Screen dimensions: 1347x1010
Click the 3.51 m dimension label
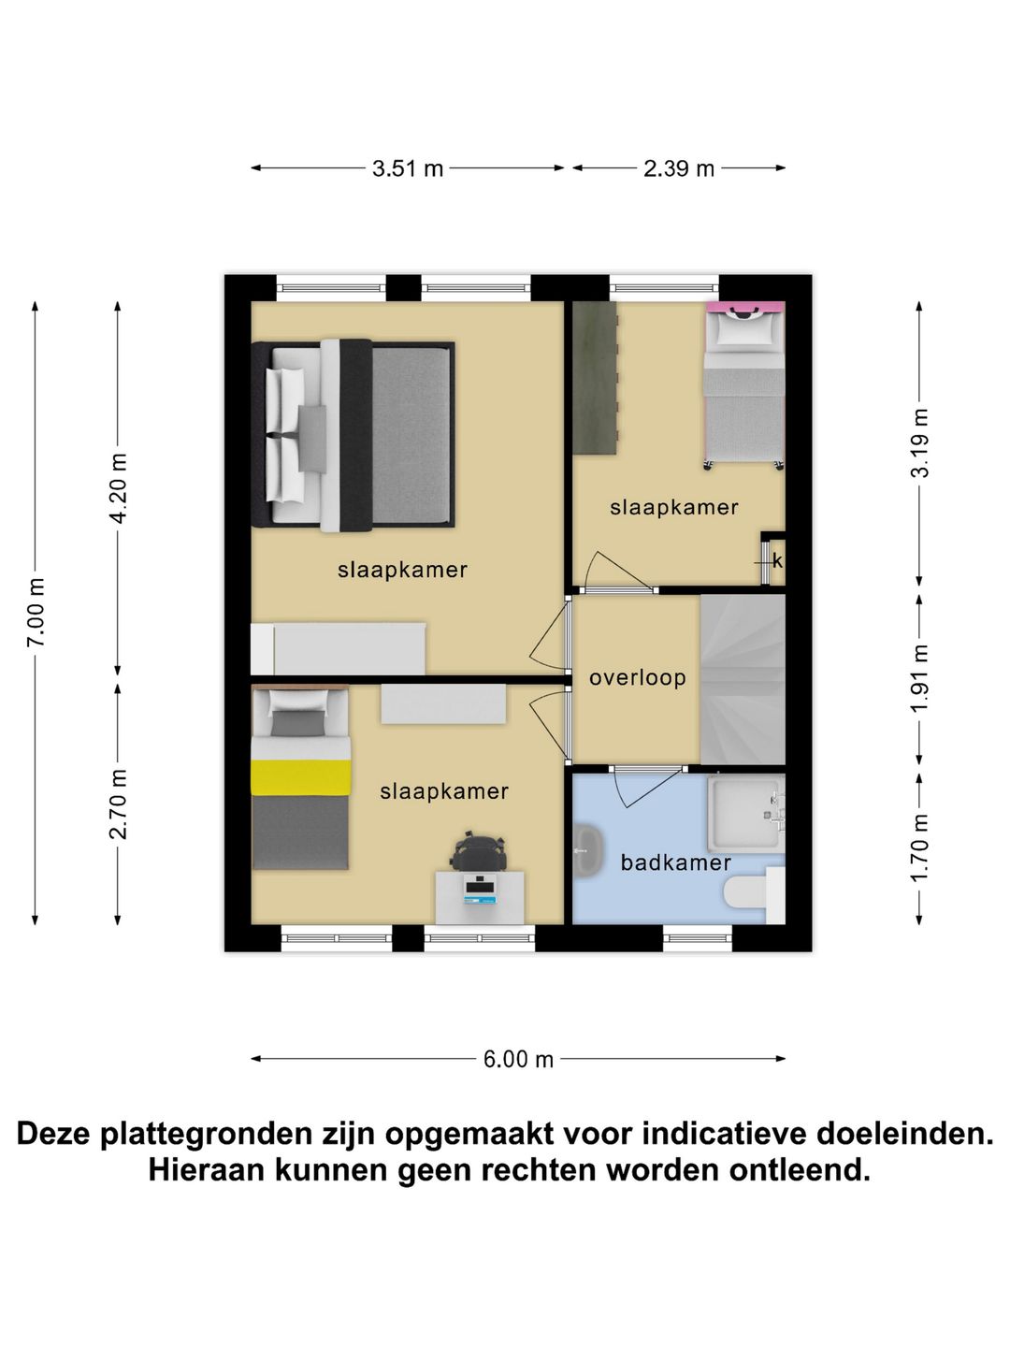tap(407, 168)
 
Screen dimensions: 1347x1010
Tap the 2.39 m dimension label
tap(678, 168)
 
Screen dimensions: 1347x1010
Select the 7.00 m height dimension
tap(36, 613)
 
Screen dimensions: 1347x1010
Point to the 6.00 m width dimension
tap(518, 1059)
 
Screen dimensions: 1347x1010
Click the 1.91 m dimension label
tap(920, 678)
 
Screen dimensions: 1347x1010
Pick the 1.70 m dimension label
tap(920, 847)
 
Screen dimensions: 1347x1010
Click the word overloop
tap(637, 677)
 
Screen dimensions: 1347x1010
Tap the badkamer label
tap(675, 862)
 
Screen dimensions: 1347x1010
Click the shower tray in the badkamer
tap(744, 811)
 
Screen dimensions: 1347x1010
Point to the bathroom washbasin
tap(586, 851)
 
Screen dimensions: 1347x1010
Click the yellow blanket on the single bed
tap(300, 777)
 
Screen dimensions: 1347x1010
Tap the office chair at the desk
tap(479, 851)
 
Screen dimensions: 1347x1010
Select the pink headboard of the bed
tap(745, 306)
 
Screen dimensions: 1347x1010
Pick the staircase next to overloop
tap(742, 679)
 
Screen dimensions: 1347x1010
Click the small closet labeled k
tap(775, 560)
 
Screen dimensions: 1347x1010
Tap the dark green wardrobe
tap(595, 378)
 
